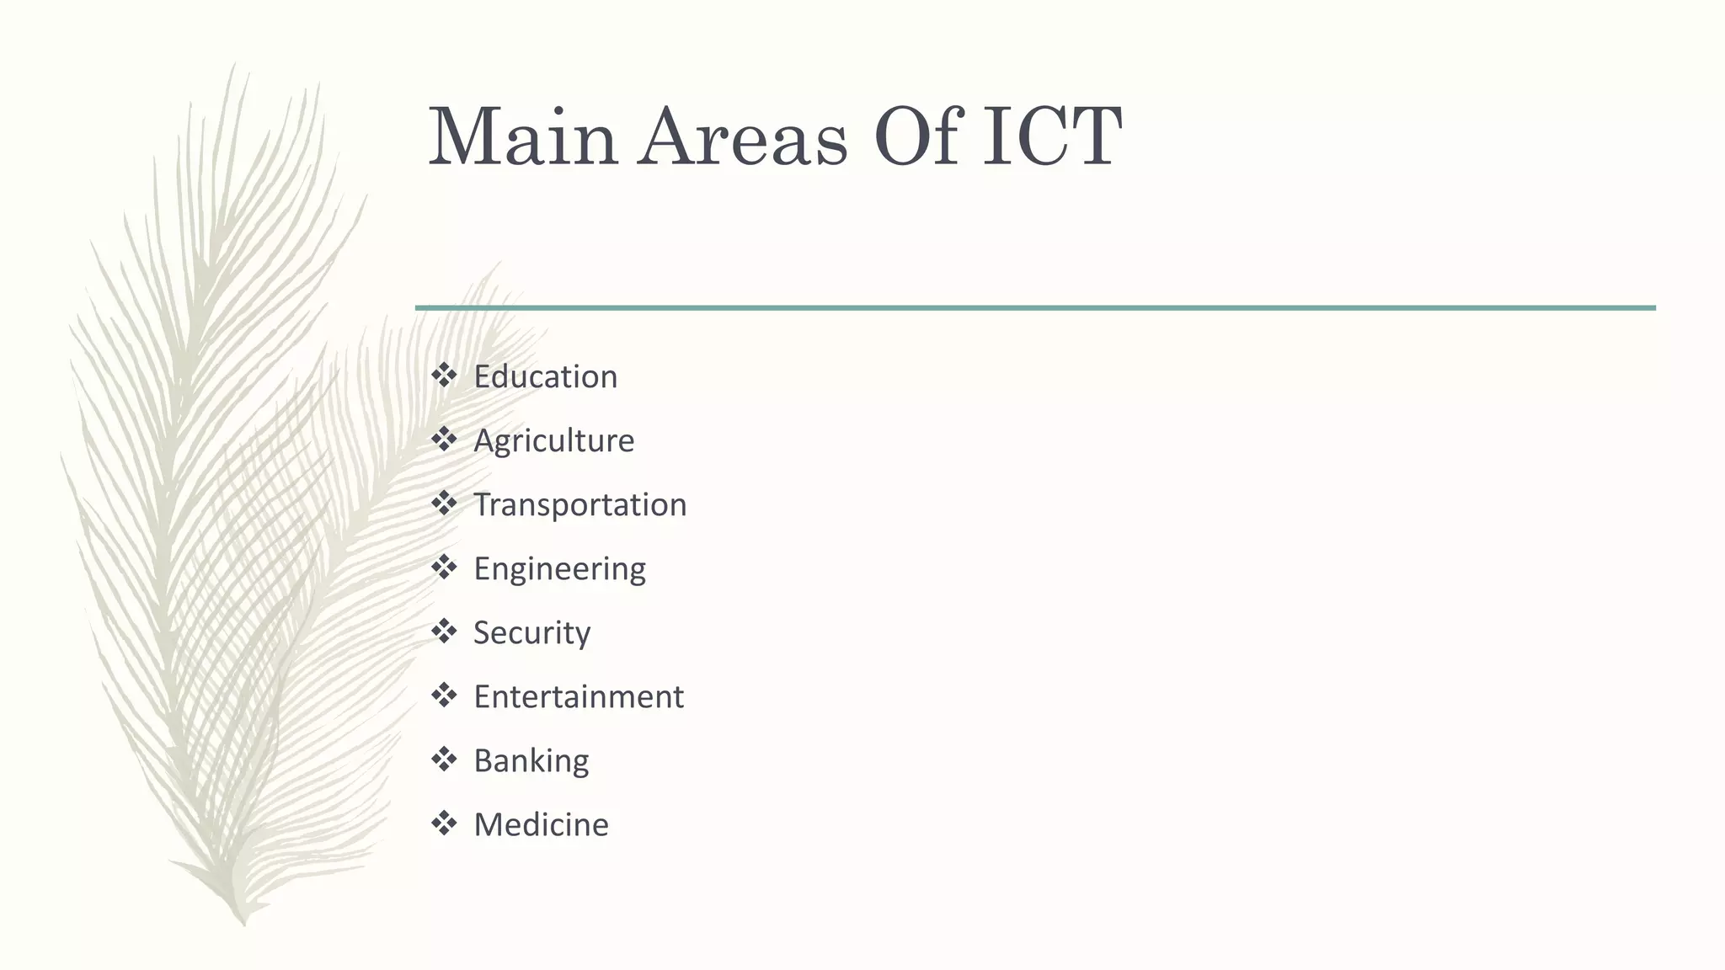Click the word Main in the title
523,137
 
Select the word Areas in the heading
742,137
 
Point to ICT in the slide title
1052,137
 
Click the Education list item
545,376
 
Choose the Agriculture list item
553,440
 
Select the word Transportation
579,504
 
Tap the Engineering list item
559,569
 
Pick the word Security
531,633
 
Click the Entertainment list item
578,696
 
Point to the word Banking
531,760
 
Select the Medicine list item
541,824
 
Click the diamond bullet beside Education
444,375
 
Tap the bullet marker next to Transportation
444,503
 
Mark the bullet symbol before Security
444,631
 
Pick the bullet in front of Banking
444,759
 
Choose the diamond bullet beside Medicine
444,823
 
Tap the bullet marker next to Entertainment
444,695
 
